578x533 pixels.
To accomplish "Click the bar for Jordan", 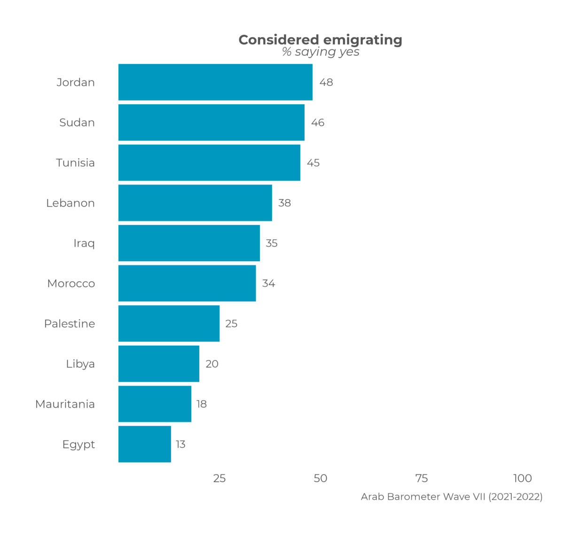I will [215, 82].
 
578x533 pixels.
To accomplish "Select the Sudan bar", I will [211, 123].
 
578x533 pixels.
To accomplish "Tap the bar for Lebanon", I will [195, 203].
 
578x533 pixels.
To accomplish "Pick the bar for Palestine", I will [169, 324].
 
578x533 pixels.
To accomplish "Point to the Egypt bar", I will [145, 444].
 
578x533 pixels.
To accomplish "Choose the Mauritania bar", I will [155, 404].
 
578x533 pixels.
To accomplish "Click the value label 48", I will [326, 83].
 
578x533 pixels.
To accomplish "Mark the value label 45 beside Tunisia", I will [313, 163].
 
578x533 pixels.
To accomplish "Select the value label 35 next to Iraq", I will [272, 243].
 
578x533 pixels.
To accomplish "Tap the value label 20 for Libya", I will [212, 364].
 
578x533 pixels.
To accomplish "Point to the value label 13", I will [181, 444].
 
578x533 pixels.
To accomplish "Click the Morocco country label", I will [71, 284].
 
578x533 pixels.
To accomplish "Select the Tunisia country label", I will [75, 163].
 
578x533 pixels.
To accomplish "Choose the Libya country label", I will [80, 364].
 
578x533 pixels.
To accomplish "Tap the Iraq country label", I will [84, 243].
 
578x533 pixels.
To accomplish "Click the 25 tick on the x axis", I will [219, 479].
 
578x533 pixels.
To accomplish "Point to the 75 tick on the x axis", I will [422, 479].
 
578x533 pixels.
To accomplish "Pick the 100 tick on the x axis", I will [523, 479].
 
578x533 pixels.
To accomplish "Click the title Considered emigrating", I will [320, 40].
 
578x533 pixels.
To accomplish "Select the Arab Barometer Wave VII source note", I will [452, 497].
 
